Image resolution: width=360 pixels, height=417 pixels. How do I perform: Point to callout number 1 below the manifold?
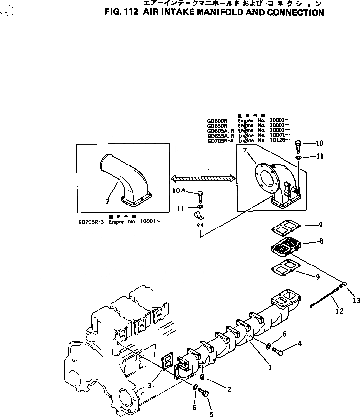[270, 367]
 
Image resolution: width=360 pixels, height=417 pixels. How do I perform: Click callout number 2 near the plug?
[229, 389]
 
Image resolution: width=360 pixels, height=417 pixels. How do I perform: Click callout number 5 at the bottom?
[211, 414]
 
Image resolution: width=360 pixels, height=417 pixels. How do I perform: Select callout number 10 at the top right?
[320, 144]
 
